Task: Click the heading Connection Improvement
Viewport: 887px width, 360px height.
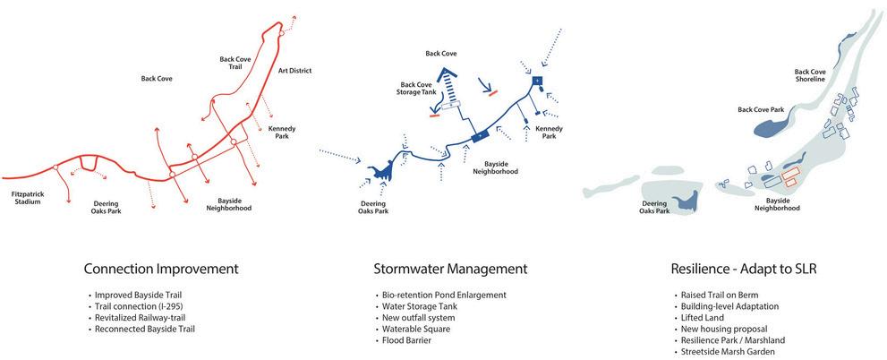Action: (x=160, y=269)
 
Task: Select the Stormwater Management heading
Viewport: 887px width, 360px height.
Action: (x=449, y=269)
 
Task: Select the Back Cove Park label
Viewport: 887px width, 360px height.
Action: (x=760, y=110)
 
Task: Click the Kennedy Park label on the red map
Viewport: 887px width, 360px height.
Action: (x=282, y=133)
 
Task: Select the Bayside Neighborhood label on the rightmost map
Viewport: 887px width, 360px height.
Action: (x=776, y=205)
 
